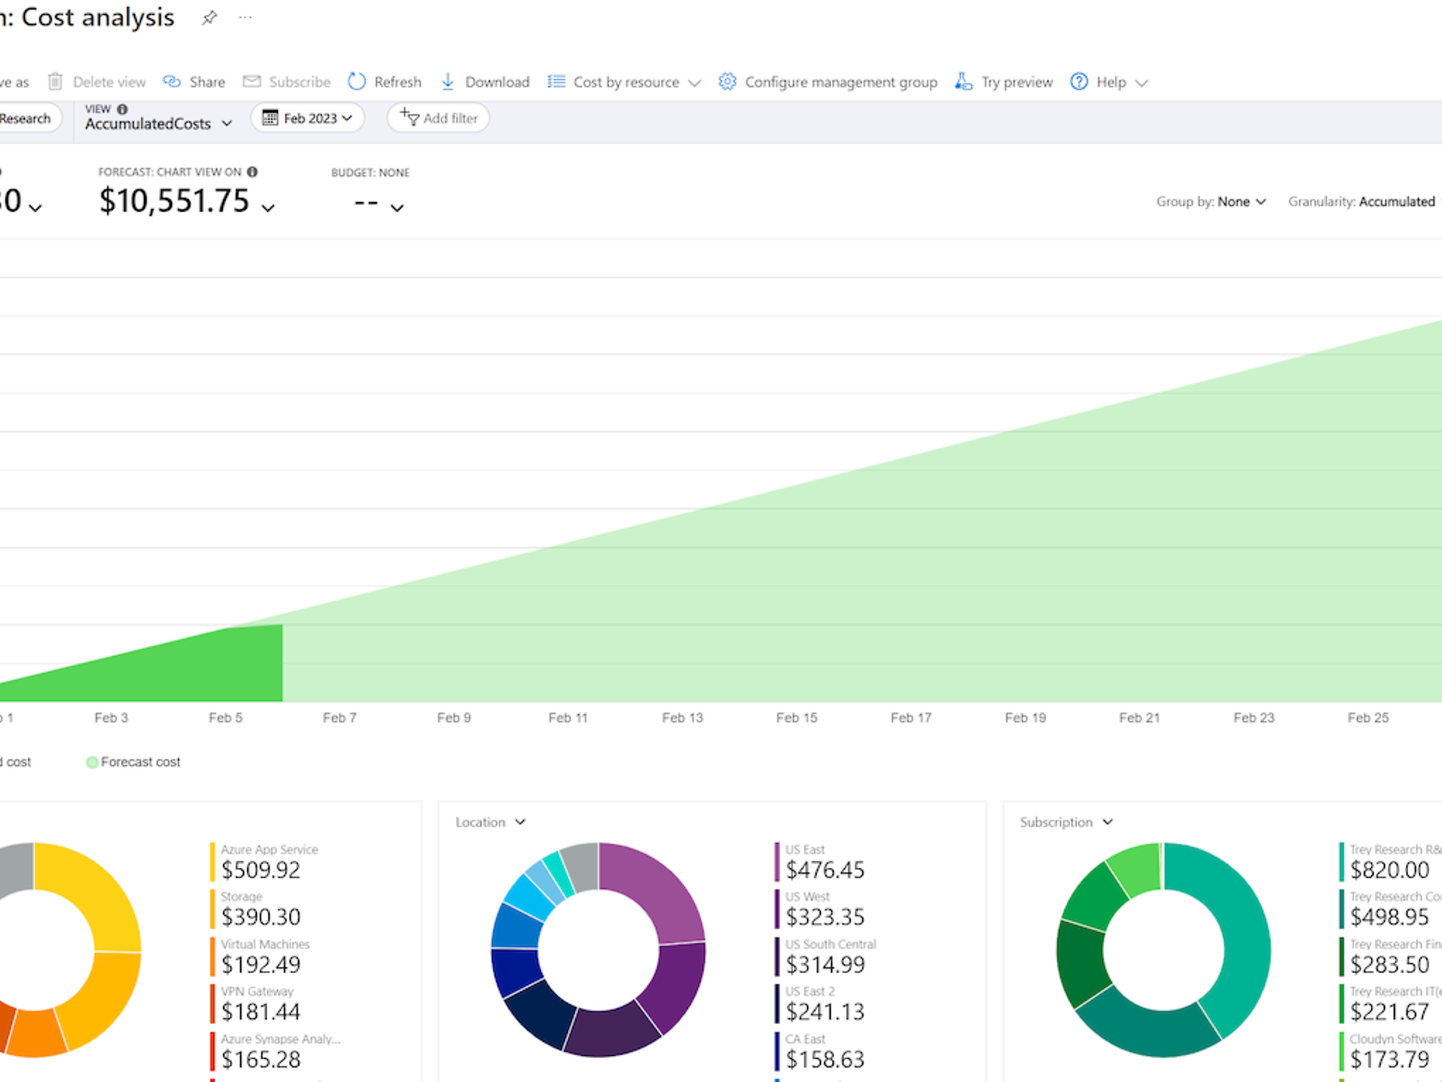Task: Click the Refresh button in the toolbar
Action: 385,82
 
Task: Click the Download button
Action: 485,82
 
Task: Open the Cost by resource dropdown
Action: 625,82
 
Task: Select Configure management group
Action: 828,82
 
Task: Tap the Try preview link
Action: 1004,82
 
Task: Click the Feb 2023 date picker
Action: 308,118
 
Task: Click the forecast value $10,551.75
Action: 174,201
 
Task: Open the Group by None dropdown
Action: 1211,201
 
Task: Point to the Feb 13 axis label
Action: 682,718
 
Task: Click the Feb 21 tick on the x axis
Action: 1139,718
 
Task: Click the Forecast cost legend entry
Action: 134,762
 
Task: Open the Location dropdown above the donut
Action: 490,822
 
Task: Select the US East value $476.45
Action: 825,870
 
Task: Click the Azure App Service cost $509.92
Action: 261,870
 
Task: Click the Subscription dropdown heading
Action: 1065,822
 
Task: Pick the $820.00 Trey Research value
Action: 1389,870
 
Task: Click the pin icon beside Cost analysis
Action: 210,17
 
